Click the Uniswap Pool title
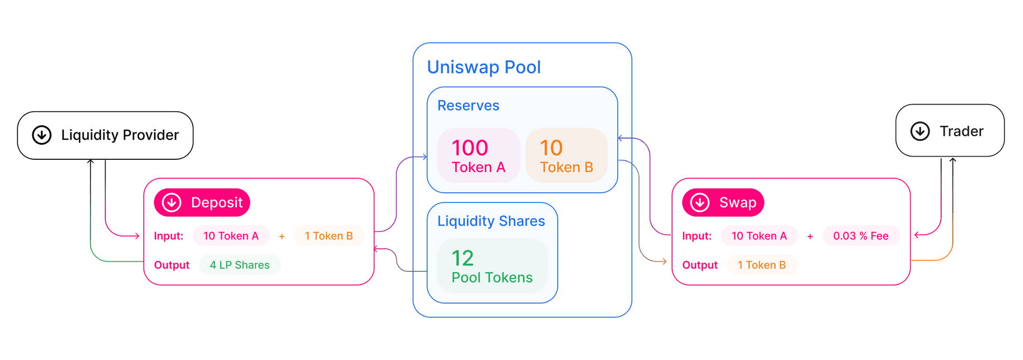tap(484, 67)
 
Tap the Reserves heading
tap(468, 106)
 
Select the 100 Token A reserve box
tap(479, 155)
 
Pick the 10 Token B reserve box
tap(566, 155)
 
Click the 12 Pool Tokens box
tap(492, 266)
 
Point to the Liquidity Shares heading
tap(491, 221)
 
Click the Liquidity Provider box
tap(105, 135)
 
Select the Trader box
tap(950, 131)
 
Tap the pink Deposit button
tap(202, 202)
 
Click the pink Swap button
tap(723, 202)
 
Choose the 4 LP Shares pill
tap(240, 265)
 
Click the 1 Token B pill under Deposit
tap(329, 236)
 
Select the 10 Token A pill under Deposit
tap(231, 236)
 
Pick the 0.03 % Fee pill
tap(861, 236)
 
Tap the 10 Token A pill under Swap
tap(759, 236)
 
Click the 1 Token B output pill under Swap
tap(761, 265)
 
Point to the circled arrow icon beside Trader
tap(920, 131)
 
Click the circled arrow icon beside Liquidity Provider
tap(42, 135)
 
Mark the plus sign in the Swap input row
tap(810, 236)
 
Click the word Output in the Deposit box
tap(172, 265)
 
